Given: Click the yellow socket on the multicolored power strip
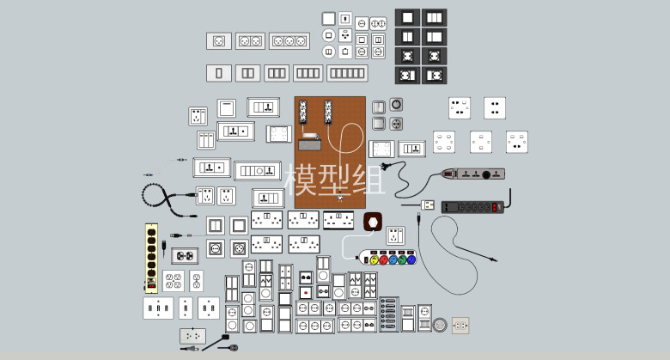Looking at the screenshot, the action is point(375,259).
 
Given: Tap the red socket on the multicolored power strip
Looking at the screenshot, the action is point(383,259).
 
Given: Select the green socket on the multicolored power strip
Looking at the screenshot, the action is point(402,259).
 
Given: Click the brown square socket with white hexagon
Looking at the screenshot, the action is point(373,223).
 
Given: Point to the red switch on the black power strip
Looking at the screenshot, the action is point(495,207).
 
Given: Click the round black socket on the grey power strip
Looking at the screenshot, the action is point(486,174).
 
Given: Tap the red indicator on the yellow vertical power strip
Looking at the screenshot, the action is point(151,286).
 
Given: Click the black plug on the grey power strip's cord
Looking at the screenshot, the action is point(385,167).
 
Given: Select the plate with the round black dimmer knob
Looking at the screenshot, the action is point(396,105).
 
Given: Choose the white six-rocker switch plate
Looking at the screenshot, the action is point(347,73).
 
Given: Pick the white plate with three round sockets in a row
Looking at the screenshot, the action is point(289,41).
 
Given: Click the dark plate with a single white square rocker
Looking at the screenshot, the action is point(407,17).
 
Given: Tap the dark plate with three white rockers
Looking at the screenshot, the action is point(434,17).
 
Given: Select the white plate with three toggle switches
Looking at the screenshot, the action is point(158,308).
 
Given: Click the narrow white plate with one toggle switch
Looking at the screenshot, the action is point(186,308).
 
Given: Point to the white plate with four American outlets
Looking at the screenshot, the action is point(174,281).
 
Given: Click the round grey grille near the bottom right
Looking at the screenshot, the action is point(440,325).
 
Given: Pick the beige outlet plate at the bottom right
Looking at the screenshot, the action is point(460,326).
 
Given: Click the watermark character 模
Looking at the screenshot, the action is point(301,180).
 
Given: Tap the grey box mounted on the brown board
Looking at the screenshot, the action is point(309,145).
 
